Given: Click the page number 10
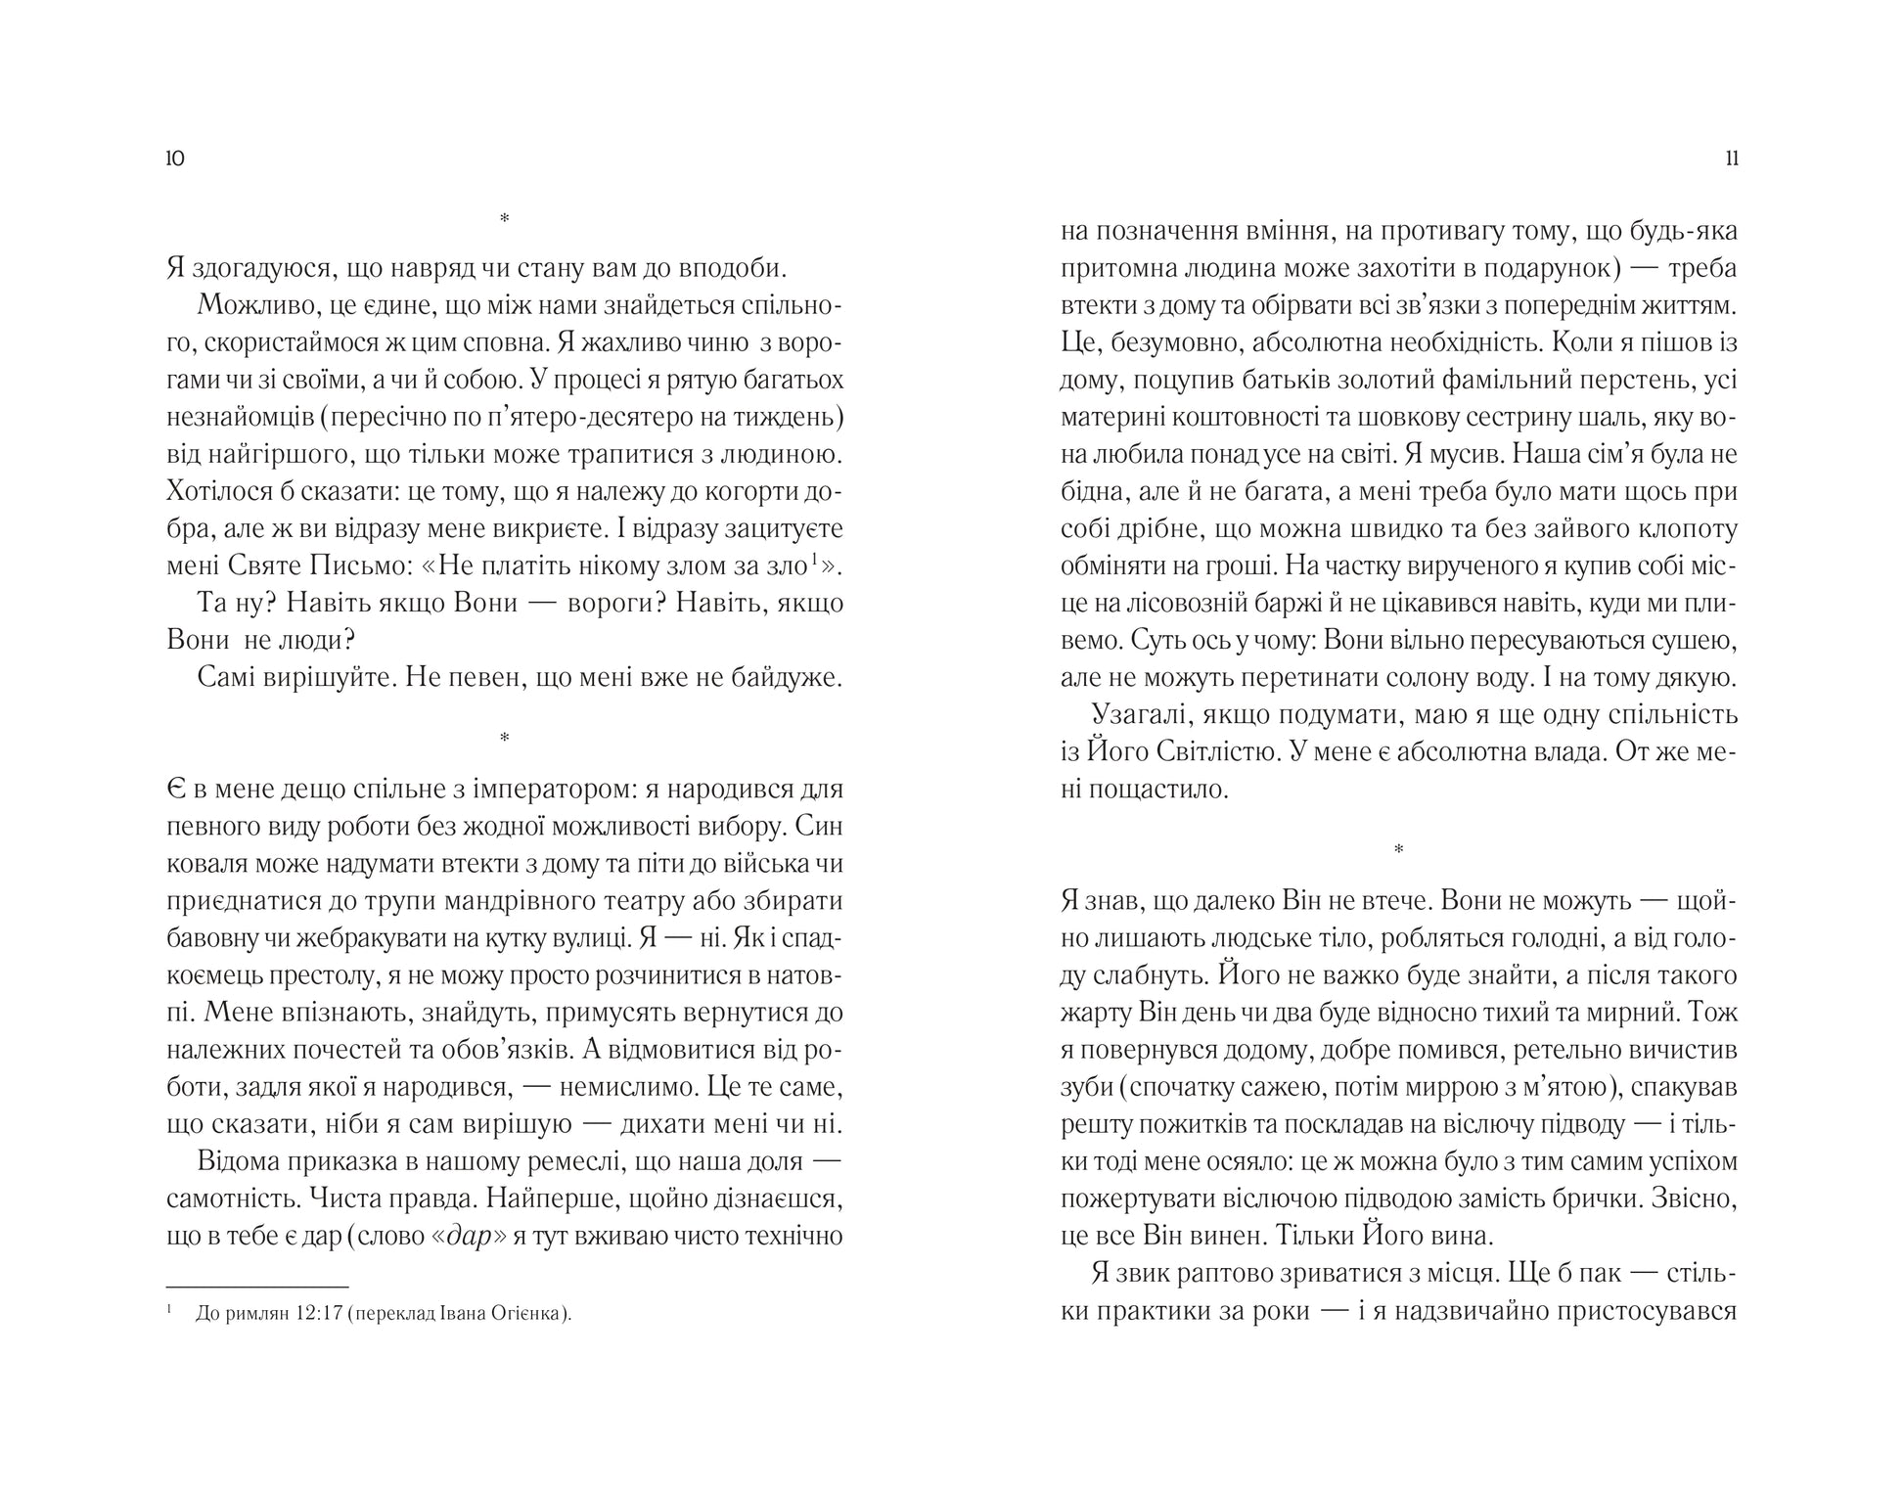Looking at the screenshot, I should pyautogui.click(x=176, y=158).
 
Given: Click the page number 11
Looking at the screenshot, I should pyautogui.click(x=1732, y=158).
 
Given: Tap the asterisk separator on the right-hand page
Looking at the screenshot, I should pyautogui.click(x=1398, y=849).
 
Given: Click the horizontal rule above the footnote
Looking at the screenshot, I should pyautogui.click(x=257, y=1287).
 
